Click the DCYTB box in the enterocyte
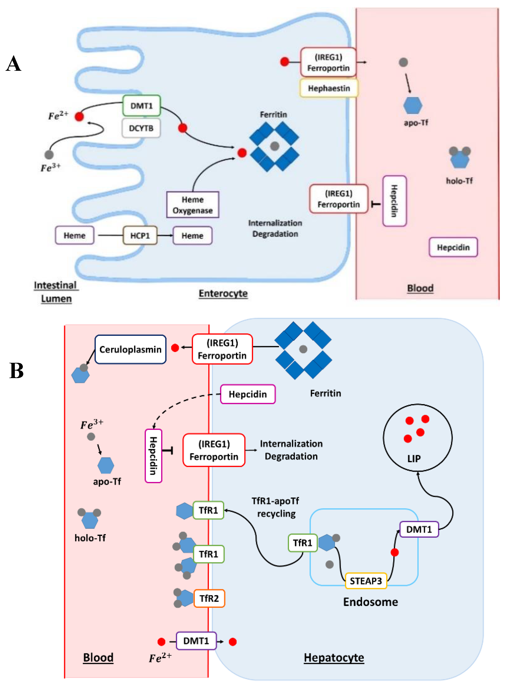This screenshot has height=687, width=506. [x=141, y=128]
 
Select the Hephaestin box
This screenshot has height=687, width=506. [x=329, y=88]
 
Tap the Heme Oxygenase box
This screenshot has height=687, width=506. [x=193, y=205]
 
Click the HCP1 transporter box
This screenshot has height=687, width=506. [x=140, y=235]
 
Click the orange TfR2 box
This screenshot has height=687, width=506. [x=209, y=598]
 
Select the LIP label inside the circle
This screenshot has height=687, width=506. [x=414, y=459]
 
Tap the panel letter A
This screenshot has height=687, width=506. [x=13, y=64]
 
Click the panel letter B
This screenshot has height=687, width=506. [x=16, y=371]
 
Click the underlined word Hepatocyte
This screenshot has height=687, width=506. [x=334, y=657]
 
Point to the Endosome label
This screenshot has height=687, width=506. [x=370, y=602]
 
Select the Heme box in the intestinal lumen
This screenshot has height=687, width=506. [x=74, y=235]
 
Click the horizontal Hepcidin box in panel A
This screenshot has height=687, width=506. [x=453, y=247]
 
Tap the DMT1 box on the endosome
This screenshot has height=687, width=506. [x=419, y=529]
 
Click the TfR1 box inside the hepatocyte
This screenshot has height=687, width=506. [x=303, y=543]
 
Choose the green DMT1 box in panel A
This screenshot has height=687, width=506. [x=142, y=106]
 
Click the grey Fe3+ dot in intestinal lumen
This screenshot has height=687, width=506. [x=49, y=155]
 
